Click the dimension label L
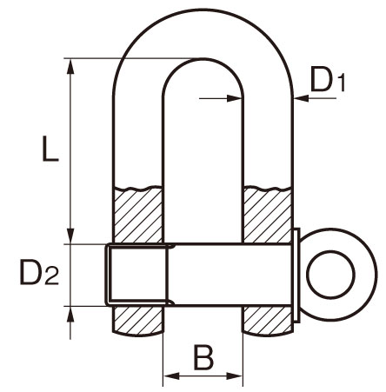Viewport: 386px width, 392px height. [x=50, y=148]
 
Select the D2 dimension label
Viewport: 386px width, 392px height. [x=39, y=272]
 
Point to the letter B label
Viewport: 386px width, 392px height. [x=203, y=357]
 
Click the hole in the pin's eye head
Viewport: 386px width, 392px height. [x=331, y=275]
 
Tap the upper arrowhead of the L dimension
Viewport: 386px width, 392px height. [x=70, y=67]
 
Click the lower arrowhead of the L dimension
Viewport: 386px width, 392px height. [x=70, y=236]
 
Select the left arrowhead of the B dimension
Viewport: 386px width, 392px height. [x=171, y=376]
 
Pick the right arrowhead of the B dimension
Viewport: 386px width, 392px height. [x=234, y=376]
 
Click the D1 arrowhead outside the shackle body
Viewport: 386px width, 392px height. [x=302, y=98]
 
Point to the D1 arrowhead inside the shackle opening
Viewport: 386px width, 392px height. [x=235, y=98]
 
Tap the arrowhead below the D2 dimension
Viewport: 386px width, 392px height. [x=70, y=314]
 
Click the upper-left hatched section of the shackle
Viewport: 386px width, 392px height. [x=138, y=216]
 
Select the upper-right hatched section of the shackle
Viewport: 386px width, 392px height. [x=268, y=216]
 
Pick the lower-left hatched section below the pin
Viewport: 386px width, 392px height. [x=138, y=320]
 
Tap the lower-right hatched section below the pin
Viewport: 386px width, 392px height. [x=268, y=320]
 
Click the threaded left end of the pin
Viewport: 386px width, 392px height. [x=137, y=275]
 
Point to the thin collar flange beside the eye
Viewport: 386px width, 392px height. [x=296, y=275]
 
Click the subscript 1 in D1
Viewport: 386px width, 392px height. [x=342, y=83]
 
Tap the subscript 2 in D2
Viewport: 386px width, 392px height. [x=52, y=276]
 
